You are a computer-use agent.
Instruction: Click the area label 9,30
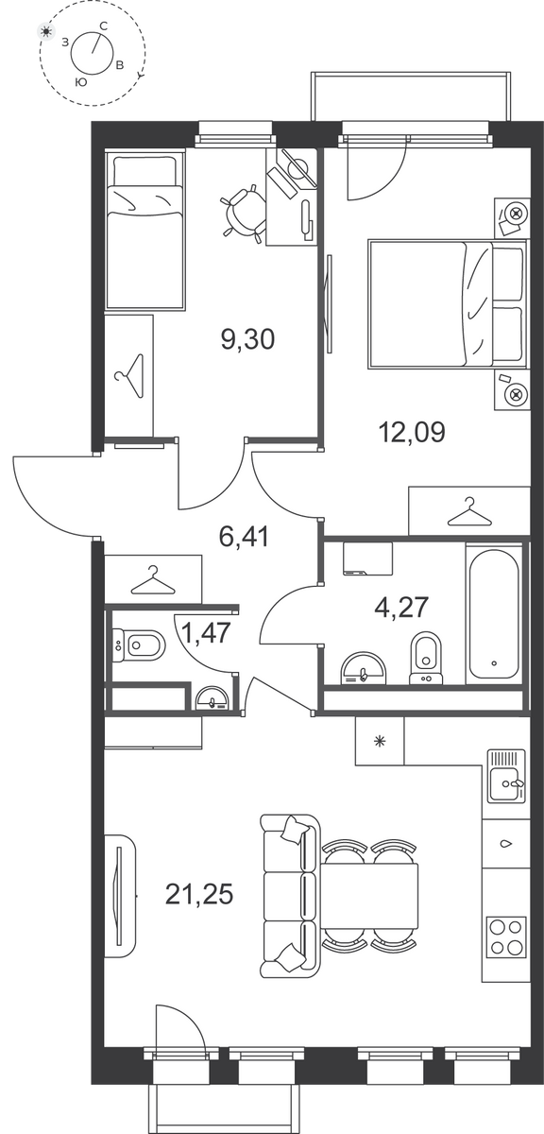pos(248,339)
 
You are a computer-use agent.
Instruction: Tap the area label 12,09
pos(412,433)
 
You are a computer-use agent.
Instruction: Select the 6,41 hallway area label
pos(244,537)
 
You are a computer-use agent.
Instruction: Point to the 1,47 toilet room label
pos(207,633)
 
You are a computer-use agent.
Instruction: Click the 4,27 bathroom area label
pos(401,607)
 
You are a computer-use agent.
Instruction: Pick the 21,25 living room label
pos(199,894)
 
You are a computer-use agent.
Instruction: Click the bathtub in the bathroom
pos(494,611)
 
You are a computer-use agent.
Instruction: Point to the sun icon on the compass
pos(46,32)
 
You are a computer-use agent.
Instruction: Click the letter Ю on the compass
pos(79,82)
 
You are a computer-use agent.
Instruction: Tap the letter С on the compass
pos(103,26)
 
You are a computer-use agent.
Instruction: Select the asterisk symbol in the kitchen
pos(379,742)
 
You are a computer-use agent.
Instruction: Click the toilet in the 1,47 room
pos(139,644)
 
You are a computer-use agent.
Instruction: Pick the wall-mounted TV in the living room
pos(119,896)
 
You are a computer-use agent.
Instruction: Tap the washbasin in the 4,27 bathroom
pos(364,668)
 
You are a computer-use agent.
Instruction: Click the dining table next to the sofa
pos(370,895)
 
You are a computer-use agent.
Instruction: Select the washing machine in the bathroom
pos(368,558)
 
